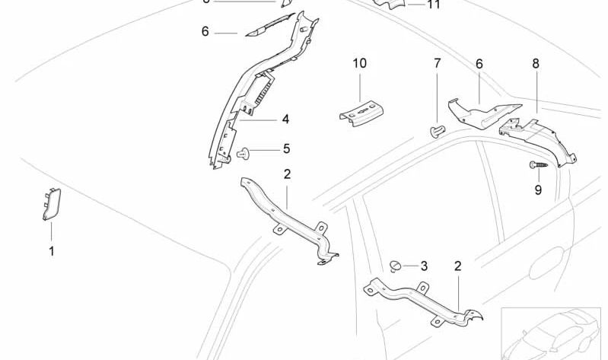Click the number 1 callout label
coord(52,250)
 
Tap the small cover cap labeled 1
coord(52,204)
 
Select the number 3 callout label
coord(424,266)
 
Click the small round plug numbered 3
coord(397,265)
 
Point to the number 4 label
coord(285,119)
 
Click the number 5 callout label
coord(286,148)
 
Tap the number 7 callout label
coord(438,64)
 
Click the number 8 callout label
coord(536,64)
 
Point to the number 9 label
coord(538,190)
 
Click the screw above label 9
coord(536,164)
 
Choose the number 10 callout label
coord(359,63)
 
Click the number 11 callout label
coord(433,5)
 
